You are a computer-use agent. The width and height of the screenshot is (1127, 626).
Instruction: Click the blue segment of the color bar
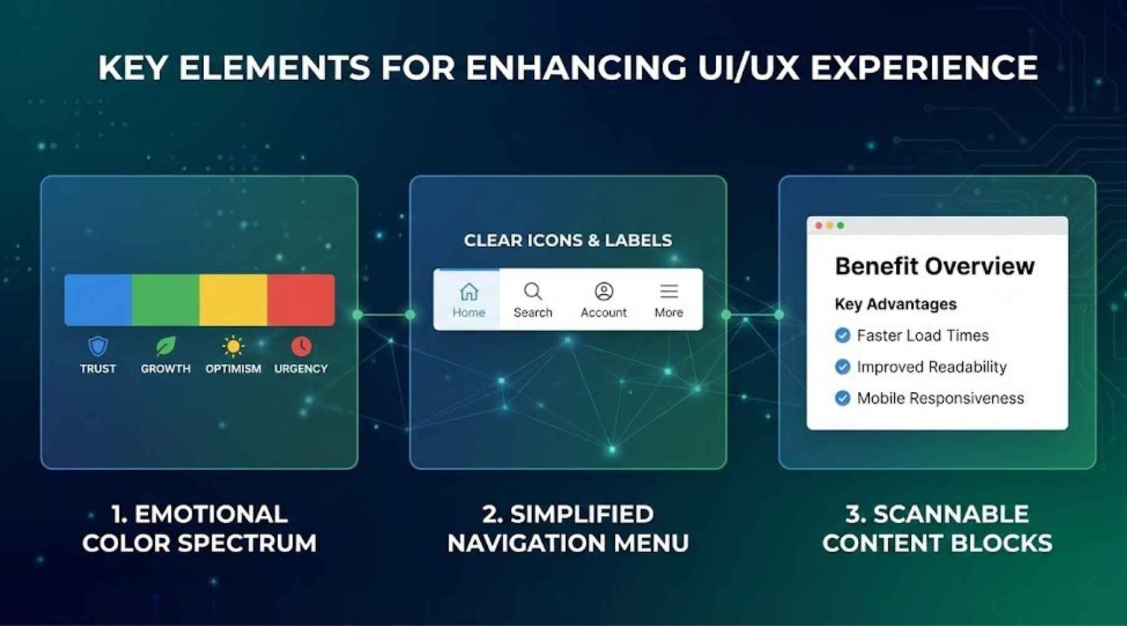coord(98,299)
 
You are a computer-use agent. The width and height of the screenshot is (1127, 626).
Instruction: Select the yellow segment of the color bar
coord(233,299)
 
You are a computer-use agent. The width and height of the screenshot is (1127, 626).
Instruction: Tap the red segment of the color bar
coord(301,299)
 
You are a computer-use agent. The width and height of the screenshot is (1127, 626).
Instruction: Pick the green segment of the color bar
coord(165,299)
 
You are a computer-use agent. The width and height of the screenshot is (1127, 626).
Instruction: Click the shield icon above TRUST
coord(98,346)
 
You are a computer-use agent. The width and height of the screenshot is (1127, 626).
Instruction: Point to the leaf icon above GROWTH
coord(165,346)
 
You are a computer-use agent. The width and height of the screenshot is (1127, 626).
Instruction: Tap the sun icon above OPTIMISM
coord(233,346)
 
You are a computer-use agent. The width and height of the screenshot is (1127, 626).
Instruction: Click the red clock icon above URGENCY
coord(301,346)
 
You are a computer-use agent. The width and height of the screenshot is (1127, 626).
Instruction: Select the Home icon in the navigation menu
coord(469,292)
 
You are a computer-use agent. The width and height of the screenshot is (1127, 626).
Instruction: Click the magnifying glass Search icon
coord(533,292)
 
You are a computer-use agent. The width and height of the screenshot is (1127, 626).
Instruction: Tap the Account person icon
coord(604,292)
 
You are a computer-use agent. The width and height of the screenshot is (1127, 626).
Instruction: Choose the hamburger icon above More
coord(669,292)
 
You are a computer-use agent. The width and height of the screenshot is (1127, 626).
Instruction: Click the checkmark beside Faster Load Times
coord(843,336)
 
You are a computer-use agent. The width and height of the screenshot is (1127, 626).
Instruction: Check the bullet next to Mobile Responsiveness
coord(843,398)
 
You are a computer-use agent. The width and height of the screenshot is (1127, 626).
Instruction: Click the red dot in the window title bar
coord(819,225)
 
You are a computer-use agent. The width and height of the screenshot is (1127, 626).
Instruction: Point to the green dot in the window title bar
coord(841,225)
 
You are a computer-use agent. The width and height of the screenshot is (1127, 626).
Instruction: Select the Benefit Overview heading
coord(934,267)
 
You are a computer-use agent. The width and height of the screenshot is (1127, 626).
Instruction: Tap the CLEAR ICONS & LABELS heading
coord(568,240)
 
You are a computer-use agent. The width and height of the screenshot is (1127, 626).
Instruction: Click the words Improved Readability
coord(932,367)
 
